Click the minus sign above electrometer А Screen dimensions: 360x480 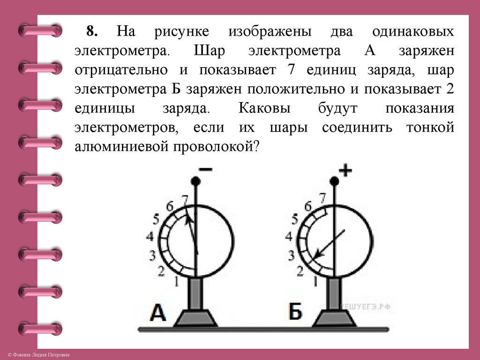205,171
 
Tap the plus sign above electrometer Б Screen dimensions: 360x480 345,171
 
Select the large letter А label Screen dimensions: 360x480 158,312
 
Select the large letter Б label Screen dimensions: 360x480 295,312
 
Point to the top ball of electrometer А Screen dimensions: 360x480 196,181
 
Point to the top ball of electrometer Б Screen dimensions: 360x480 334,181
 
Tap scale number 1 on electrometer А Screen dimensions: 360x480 176,281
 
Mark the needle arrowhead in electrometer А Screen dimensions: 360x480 189,217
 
